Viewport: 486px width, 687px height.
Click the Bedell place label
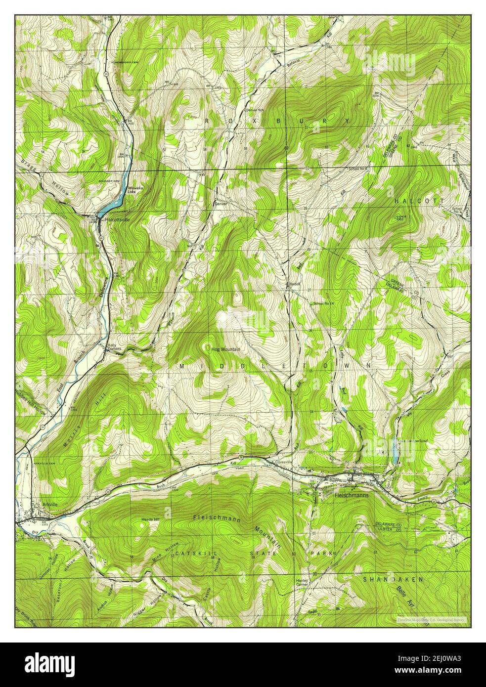coord(295,285)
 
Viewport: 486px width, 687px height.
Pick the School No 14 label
coord(324,303)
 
